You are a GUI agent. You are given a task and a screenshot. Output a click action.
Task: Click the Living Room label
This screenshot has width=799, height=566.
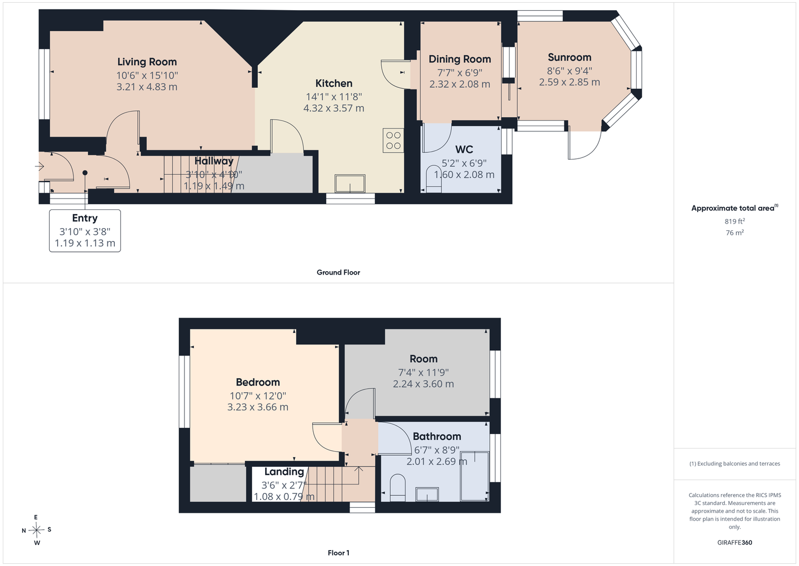[x=147, y=62]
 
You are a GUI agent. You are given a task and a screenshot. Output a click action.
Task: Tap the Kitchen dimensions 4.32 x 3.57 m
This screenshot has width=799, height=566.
[x=334, y=108]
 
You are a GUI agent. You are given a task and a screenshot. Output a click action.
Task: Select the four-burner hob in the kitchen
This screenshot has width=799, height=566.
[x=394, y=140]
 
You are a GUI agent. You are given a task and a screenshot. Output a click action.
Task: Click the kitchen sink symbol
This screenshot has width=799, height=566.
[x=350, y=183]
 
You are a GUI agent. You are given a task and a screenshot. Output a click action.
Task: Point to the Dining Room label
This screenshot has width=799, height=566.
[x=460, y=59]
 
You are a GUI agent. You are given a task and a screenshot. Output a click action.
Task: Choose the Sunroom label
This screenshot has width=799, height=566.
[x=569, y=58]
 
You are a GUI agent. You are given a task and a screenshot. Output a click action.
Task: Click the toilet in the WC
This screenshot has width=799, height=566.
[x=434, y=179]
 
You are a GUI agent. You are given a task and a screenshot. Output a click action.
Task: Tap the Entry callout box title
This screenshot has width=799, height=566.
[x=85, y=218]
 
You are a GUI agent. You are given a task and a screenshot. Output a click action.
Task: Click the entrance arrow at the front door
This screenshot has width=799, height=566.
[x=40, y=166]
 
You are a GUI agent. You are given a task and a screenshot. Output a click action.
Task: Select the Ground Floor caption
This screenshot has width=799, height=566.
[x=339, y=272]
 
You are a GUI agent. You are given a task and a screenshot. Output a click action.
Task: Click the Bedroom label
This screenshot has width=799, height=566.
[x=258, y=383]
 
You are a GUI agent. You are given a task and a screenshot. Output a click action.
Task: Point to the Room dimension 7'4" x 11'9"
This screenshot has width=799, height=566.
[x=424, y=372]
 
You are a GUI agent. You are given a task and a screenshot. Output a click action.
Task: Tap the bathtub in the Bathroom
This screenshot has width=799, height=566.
[x=474, y=477]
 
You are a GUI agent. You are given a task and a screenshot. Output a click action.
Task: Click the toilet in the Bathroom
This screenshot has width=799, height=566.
[x=398, y=488]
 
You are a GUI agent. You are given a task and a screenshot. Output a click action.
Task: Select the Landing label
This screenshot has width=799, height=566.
[x=284, y=472]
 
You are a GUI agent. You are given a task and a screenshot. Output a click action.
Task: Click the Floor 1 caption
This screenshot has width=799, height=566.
[x=339, y=553]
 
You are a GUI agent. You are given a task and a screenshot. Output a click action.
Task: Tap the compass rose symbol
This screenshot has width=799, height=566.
[x=36, y=530]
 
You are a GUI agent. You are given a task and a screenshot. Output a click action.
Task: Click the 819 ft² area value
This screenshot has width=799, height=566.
[x=735, y=221]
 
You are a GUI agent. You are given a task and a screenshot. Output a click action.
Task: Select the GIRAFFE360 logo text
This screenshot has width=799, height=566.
[x=735, y=542]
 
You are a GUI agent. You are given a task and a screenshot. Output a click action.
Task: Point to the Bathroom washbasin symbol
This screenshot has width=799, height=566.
[x=427, y=495]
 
